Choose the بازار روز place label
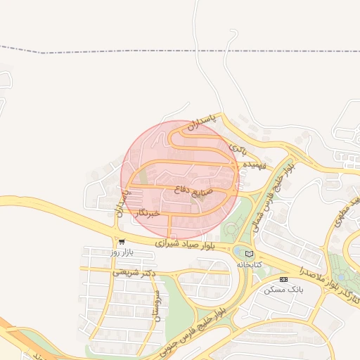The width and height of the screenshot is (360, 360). pos(122,251)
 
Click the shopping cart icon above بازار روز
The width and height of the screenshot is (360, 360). pos(122,241)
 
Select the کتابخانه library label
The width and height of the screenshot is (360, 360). pos(249,264)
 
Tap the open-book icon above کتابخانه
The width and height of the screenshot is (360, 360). pos(249,254)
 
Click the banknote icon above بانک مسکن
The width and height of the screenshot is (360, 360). pos(283,279)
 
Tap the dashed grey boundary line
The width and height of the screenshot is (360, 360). pos(176,50)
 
